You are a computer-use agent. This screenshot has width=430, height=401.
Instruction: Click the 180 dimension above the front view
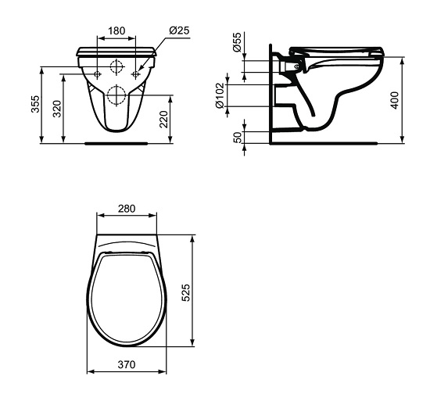click(x=116, y=31)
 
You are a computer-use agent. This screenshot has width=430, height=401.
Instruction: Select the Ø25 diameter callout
click(x=179, y=31)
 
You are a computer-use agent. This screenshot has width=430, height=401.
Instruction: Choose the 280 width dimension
click(x=127, y=209)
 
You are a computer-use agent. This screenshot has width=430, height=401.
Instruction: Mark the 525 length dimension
click(x=199, y=291)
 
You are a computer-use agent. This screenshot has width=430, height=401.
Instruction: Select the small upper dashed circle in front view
click(x=116, y=66)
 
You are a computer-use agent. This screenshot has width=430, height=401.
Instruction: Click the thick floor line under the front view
click(x=116, y=143)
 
